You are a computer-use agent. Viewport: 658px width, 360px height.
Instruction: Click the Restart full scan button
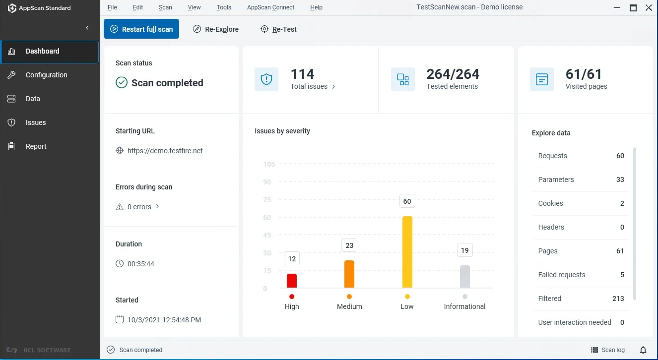tap(141, 29)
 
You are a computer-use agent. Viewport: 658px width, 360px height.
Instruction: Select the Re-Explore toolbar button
tap(216, 29)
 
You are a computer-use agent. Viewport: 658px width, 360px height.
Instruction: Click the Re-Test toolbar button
tap(278, 29)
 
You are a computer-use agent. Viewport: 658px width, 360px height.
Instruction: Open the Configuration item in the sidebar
tap(46, 75)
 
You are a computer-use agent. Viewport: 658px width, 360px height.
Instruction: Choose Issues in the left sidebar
tap(35, 122)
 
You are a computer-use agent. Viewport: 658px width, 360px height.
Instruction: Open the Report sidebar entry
tap(36, 146)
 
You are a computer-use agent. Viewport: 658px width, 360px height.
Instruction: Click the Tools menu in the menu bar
tap(224, 7)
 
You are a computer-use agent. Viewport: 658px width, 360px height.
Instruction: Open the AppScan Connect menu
tap(270, 7)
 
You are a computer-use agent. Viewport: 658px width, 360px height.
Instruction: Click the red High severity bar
tap(292, 281)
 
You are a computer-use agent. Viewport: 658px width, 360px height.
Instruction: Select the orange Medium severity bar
tap(349, 274)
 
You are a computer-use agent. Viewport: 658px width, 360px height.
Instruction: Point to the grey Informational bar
tap(464, 277)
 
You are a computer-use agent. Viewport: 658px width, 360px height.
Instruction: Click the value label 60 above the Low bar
tap(407, 201)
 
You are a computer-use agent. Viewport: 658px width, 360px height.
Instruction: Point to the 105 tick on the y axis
tap(268, 164)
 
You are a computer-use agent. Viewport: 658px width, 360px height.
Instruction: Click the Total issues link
tap(313, 87)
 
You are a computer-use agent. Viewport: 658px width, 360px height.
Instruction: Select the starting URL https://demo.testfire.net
tap(165, 151)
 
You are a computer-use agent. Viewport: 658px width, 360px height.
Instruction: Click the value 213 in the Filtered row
tap(618, 299)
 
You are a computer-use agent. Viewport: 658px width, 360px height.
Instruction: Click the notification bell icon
tap(643, 350)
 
